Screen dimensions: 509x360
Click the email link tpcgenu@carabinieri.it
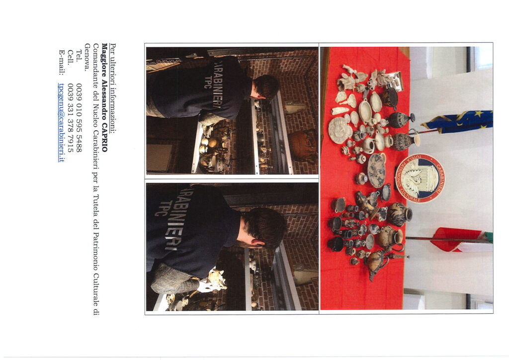click(61, 122)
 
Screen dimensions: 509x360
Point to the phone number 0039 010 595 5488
click(79, 118)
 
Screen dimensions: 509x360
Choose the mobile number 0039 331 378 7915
click(71, 118)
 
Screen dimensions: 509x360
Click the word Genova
click(87, 57)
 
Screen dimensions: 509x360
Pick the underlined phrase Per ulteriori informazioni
click(113, 88)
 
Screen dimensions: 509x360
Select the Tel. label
click(79, 56)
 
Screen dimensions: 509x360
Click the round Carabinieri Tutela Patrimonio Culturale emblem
click(420, 178)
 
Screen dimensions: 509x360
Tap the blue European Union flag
click(457, 122)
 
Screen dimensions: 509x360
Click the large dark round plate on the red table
click(377, 171)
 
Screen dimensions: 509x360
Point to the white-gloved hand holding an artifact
click(205, 285)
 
